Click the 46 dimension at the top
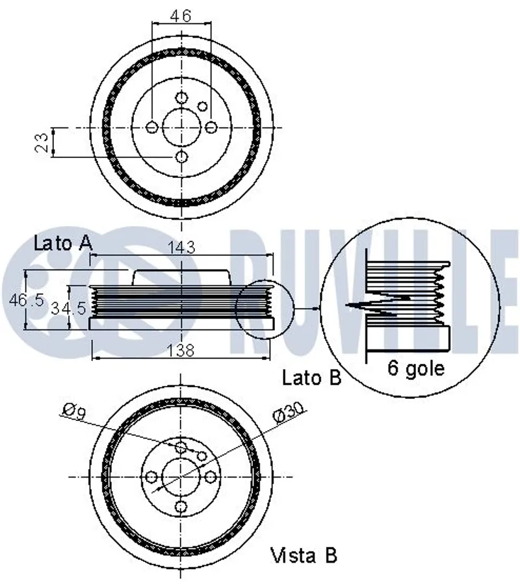click(181, 16)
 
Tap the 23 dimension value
click(41, 142)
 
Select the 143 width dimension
click(181, 247)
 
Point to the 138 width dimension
click(181, 351)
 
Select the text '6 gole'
click(416, 368)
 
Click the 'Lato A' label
click(62, 244)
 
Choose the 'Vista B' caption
click(304, 555)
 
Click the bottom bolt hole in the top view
click(181, 157)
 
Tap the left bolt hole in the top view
click(152, 127)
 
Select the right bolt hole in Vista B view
click(211, 478)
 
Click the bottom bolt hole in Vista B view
click(181, 507)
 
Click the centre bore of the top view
click(181, 127)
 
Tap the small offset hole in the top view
click(202, 107)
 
